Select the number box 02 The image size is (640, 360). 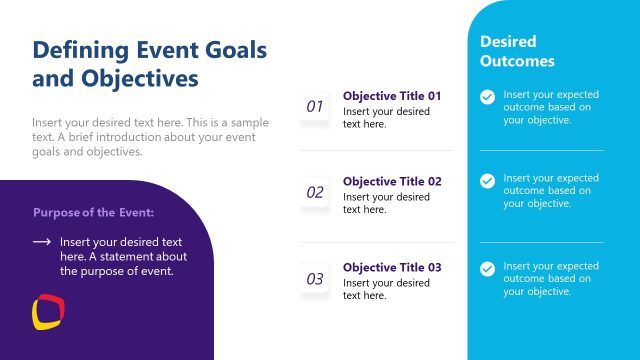point(315,192)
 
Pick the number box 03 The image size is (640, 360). point(315,279)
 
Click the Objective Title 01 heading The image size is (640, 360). point(392,96)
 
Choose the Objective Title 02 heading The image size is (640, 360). point(392,182)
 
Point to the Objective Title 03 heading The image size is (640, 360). point(392,268)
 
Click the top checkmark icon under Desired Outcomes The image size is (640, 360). point(487,97)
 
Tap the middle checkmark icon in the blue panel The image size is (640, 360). point(487,181)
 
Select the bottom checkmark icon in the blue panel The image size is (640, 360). point(487,268)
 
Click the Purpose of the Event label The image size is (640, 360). point(93,212)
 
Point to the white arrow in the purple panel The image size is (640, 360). point(41,242)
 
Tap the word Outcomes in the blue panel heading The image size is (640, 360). point(516,61)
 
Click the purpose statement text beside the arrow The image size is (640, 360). point(123,256)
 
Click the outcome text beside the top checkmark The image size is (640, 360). point(551,107)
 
